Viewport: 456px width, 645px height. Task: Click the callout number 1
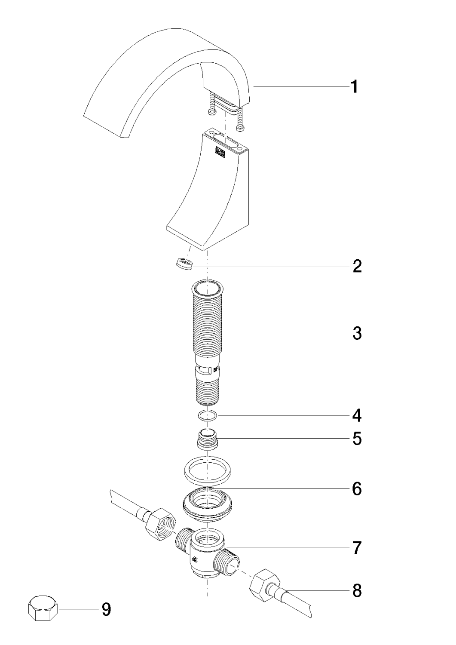pos(355,87)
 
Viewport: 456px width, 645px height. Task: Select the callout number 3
pos(357,333)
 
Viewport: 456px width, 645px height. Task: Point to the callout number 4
pos(357,415)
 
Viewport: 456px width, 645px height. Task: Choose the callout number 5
pos(357,439)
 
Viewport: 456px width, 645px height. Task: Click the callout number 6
pos(357,488)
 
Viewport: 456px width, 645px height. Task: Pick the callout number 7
pos(357,548)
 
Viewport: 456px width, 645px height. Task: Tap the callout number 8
pos(357,591)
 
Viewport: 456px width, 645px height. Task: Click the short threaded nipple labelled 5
pos(208,439)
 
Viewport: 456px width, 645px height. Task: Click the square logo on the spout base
pos(219,151)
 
